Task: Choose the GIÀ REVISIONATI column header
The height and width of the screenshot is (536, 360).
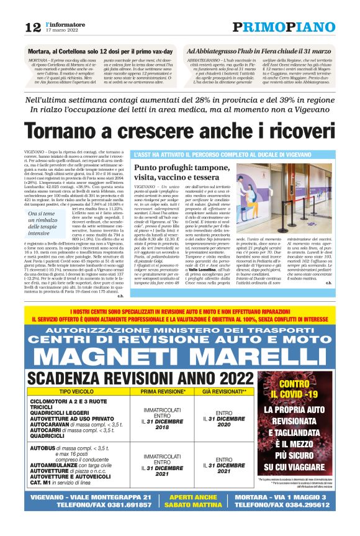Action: coord(209,393)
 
